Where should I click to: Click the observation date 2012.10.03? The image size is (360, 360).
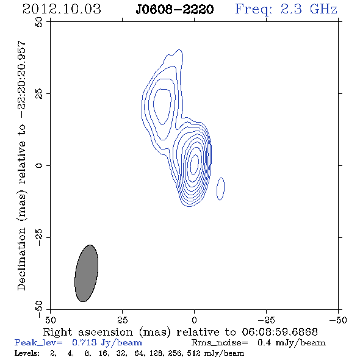(62, 9)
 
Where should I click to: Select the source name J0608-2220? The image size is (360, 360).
(175, 9)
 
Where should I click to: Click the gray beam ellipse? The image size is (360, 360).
(86, 273)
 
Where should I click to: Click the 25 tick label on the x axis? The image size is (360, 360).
(123, 320)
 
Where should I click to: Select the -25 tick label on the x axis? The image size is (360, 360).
(266, 320)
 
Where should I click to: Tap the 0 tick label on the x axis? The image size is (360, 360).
(194, 320)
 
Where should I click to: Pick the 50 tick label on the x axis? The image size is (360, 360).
(50, 320)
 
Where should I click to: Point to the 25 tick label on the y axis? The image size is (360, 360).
(39, 94)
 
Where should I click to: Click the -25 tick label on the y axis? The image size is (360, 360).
(39, 237)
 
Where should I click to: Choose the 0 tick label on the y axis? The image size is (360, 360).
(39, 165)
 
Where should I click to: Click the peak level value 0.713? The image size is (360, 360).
(84, 342)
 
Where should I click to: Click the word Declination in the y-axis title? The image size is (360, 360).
(21, 259)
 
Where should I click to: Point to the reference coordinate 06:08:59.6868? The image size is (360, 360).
(279, 332)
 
